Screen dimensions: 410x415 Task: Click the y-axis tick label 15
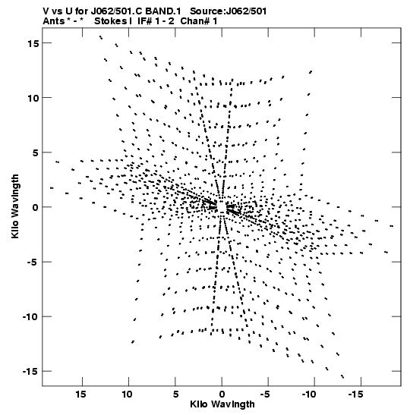[x=33, y=43]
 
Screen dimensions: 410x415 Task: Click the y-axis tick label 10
[x=33, y=98]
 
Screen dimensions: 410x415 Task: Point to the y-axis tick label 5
[x=36, y=152]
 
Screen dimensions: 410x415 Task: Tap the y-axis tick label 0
[x=36, y=207]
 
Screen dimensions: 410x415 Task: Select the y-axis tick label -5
[x=34, y=262]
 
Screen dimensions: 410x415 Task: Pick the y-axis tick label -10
[x=31, y=317]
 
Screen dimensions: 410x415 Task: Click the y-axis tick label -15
[x=31, y=372]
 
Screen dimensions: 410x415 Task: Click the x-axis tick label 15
[x=80, y=395]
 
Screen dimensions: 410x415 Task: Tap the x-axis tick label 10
[x=127, y=395]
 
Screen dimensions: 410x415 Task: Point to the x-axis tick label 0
[x=222, y=395]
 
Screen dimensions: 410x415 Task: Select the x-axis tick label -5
[x=266, y=395]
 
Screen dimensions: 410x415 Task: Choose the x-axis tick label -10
[x=309, y=395]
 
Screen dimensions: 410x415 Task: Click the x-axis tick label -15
[x=355, y=395]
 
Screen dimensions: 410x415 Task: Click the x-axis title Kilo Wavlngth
[x=222, y=404]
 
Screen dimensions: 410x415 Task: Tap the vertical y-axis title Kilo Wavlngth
[x=15, y=206]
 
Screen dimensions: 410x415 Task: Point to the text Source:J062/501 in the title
[x=229, y=11]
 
